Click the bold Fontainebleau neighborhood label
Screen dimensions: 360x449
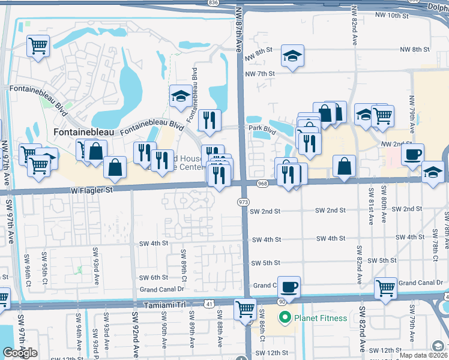tap(85, 131)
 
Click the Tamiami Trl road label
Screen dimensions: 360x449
tap(165, 305)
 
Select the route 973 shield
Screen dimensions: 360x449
tap(243, 203)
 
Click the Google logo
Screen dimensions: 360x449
tap(20, 353)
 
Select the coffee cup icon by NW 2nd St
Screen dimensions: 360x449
tap(412, 154)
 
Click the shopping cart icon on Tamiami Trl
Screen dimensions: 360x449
tap(245, 309)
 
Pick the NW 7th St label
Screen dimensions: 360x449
tap(259, 74)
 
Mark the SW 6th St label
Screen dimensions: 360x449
tap(154, 277)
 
